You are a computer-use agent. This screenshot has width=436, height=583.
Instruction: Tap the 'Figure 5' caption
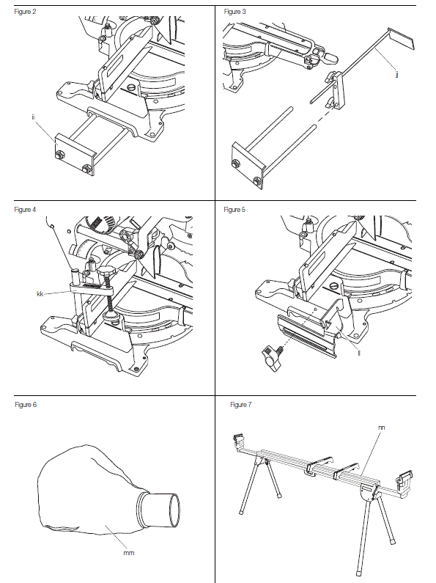click(x=236, y=210)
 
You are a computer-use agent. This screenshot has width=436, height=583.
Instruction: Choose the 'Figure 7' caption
click(x=241, y=404)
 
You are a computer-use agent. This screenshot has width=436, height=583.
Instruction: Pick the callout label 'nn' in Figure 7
click(x=382, y=425)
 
